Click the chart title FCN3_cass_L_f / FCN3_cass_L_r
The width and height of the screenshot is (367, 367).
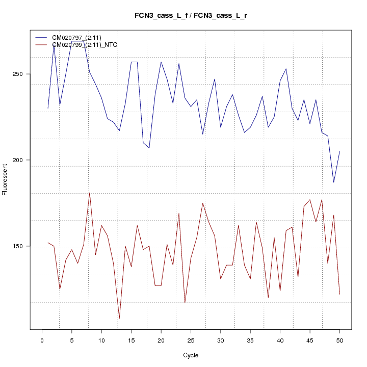[x=191, y=16]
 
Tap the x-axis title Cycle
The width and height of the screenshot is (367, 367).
[x=191, y=355]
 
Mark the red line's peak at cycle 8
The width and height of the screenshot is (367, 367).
[x=90, y=193]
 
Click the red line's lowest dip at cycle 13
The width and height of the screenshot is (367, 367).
[x=119, y=319]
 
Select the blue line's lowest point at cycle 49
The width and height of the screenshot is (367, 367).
[x=334, y=182]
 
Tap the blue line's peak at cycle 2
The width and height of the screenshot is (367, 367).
[x=54, y=44]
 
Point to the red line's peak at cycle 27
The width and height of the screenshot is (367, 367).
[x=203, y=203]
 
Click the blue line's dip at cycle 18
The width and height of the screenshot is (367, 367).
[x=149, y=148]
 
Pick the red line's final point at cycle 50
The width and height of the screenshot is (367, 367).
[x=339, y=294]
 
